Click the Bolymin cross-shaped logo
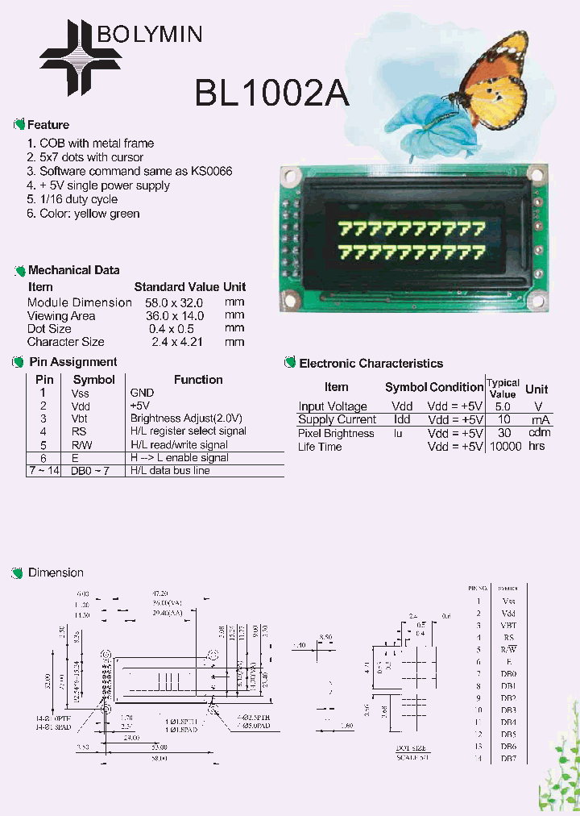[81, 57]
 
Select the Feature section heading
[48, 125]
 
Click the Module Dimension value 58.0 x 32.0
[176, 302]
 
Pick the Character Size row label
[66, 342]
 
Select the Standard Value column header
[176, 287]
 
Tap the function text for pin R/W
[190, 444]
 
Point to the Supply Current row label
[337, 419]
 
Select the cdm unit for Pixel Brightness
[537, 433]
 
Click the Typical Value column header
[503, 388]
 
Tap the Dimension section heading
[56, 572]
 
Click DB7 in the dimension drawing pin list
[508, 759]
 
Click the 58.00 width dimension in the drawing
[161, 759]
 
